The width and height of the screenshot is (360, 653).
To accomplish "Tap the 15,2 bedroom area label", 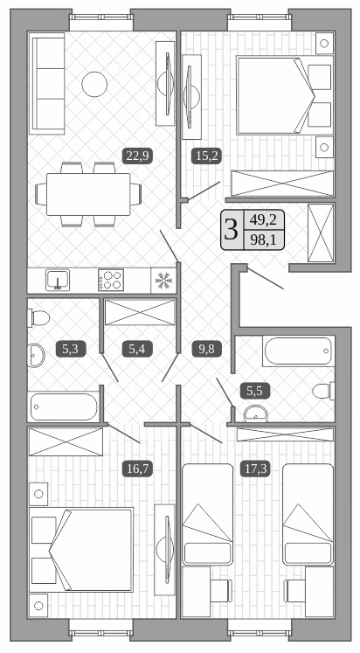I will pyautogui.click(x=204, y=156).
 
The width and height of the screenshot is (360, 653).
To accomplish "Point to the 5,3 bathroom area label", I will pyautogui.click(x=70, y=350).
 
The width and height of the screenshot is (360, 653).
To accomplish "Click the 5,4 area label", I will pyautogui.click(x=138, y=350).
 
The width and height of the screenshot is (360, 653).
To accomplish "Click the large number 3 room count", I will pyautogui.click(x=231, y=230).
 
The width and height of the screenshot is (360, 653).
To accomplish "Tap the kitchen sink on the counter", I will pyautogui.click(x=58, y=280).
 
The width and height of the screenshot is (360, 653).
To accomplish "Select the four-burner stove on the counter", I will pyautogui.click(x=112, y=280).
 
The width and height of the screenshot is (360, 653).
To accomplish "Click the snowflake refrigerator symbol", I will pyautogui.click(x=163, y=280).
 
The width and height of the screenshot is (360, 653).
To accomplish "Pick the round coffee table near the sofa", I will pyautogui.click(x=93, y=84).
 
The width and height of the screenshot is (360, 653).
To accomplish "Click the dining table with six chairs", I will pyautogui.click(x=87, y=191).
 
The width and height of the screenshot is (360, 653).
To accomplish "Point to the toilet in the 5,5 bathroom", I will pyautogui.click(x=322, y=391).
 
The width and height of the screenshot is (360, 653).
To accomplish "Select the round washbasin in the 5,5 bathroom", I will pyautogui.click(x=256, y=413).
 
